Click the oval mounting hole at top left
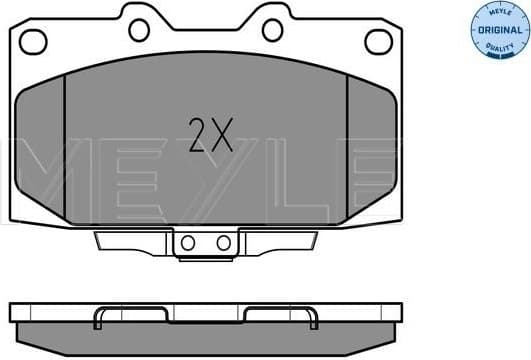pos(34,41)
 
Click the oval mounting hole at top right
pos(378,41)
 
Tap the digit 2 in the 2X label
pos(198,134)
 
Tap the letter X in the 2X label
pos(221,134)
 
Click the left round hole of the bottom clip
pos(186,243)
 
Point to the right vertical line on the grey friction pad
pos(347,150)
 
